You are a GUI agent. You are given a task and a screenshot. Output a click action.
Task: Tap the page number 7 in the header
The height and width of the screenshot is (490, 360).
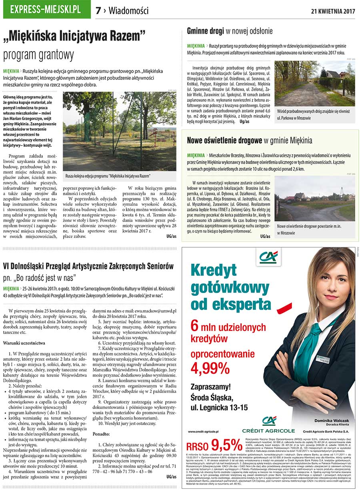[98, 11]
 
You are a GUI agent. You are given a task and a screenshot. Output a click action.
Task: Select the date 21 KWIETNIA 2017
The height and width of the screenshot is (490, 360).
[333, 11]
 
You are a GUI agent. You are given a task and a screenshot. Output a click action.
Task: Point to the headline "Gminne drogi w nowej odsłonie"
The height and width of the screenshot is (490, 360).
[230, 31]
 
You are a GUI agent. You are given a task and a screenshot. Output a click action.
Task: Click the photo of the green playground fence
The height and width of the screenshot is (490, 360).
[119, 131]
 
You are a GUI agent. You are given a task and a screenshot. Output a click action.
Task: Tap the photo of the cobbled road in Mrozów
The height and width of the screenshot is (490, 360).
[314, 83]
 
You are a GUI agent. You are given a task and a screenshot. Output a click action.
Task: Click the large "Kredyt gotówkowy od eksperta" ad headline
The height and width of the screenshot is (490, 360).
[231, 287]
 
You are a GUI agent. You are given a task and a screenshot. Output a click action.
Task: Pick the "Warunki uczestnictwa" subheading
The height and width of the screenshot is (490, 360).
[24, 343]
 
